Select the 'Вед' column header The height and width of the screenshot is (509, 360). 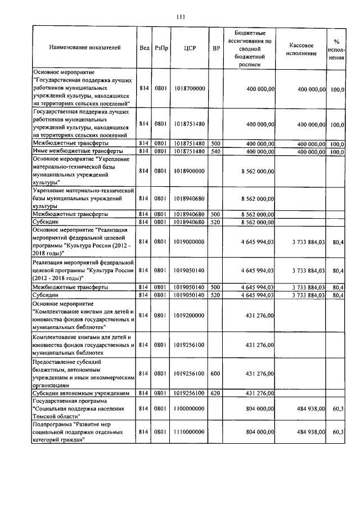click(144, 49)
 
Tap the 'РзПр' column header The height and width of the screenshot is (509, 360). click(161, 49)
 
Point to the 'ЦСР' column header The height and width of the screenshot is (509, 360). click(189, 49)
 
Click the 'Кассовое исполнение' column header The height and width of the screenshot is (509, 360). click(301, 49)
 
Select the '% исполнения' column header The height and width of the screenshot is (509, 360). click(336, 49)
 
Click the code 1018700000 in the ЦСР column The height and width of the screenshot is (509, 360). click(189, 89)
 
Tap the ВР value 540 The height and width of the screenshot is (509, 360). click(215, 151)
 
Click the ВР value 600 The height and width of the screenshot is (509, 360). click(215, 373)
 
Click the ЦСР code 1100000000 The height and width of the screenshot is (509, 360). click(189, 409)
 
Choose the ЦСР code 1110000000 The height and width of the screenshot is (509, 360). click(189, 431)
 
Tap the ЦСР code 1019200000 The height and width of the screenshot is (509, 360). click(189, 316)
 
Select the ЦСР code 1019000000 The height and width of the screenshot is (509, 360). click(189, 242)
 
